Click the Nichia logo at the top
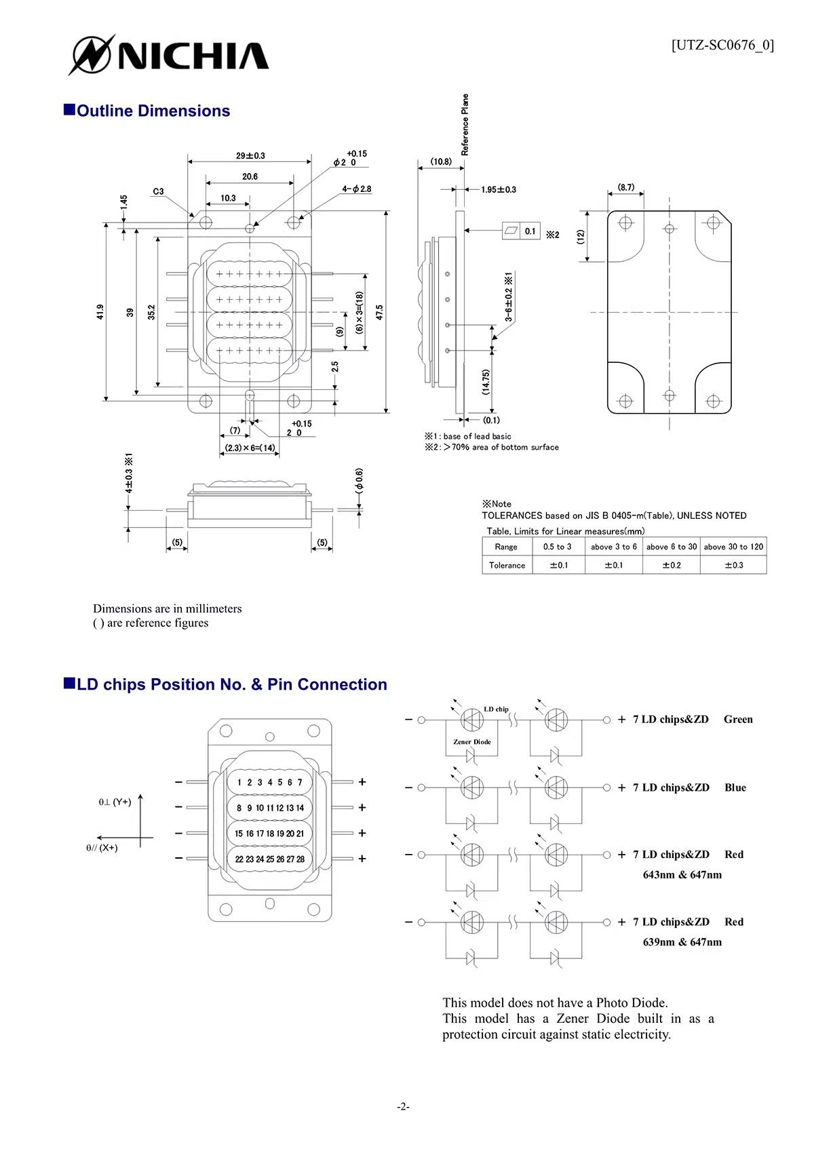coord(170,54)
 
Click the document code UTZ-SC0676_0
coord(722,45)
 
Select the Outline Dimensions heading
coord(153,111)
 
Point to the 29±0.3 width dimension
coord(250,155)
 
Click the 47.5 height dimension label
coord(379,312)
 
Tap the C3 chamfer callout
coord(158,191)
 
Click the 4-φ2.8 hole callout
coord(357,189)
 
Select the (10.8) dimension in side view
coord(441,161)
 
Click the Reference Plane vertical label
coord(465,125)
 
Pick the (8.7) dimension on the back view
coord(625,187)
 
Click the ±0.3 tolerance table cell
coord(733,565)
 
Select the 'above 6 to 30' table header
coord(671,547)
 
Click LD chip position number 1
coord(239,782)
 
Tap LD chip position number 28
coord(301,859)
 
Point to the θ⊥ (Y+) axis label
coord(115,802)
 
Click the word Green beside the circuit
coord(738,720)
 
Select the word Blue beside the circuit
coord(735,787)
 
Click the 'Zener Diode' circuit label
coord(472,742)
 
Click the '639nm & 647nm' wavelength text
coord(682,942)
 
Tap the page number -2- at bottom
coord(404,1107)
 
